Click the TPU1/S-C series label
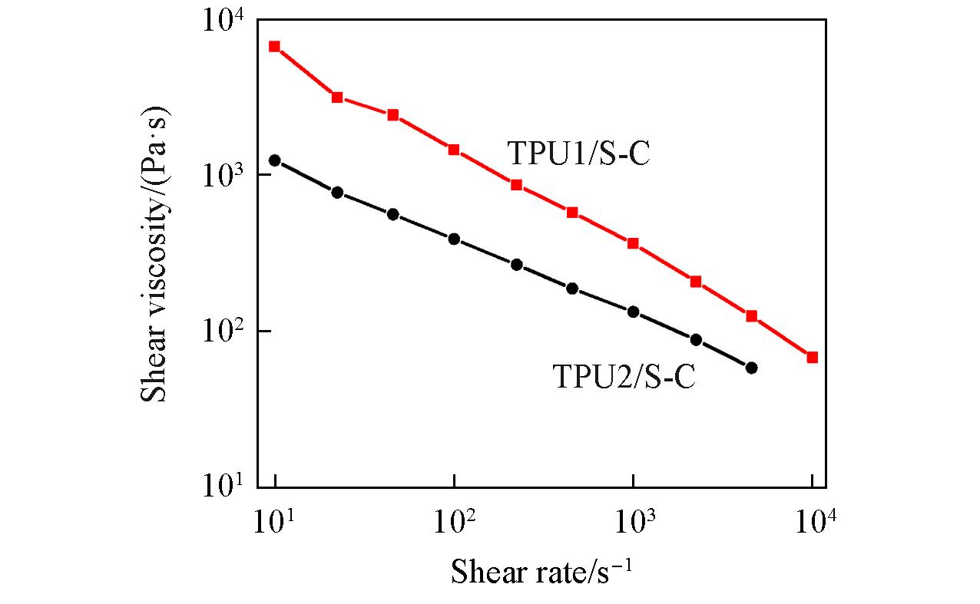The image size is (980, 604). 578,153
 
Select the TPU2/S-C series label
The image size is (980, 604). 624,377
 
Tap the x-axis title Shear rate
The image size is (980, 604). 541,572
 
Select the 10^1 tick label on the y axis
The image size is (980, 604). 222,487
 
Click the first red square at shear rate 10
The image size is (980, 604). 275,46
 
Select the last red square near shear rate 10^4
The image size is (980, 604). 813,358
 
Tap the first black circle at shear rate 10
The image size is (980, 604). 275,160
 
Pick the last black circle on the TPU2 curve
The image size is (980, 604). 751,368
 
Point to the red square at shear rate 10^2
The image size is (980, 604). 454,149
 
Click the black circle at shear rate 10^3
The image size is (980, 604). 634,312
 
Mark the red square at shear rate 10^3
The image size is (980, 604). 634,243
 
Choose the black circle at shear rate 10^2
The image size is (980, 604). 454,239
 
